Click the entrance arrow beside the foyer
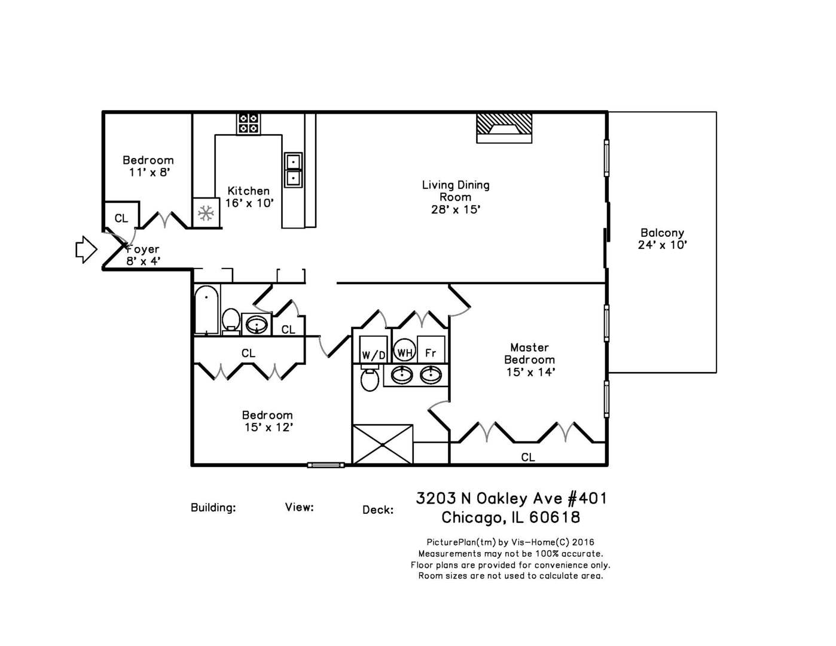click(86, 249)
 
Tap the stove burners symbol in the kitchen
click(248, 123)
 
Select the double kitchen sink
click(293, 169)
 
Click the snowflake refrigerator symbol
click(206, 212)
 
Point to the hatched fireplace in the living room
click(504, 127)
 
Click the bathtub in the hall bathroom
click(207, 310)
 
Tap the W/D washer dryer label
click(373, 355)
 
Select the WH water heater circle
click(404, 352)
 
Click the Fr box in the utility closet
click(431, 353)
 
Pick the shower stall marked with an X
click(382, 444)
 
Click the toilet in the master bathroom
click(370, 379)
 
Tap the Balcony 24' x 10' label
click(662, 239)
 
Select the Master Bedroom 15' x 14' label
click(530, 359)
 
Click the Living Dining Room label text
click(456, 197)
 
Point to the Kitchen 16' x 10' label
click(249, 197)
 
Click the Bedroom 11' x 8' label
click(148, 166)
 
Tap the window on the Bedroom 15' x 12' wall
click(326, 465)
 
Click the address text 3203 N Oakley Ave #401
click(511, 498)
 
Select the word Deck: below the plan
click(377, 510)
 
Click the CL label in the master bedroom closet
click(527, 458)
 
